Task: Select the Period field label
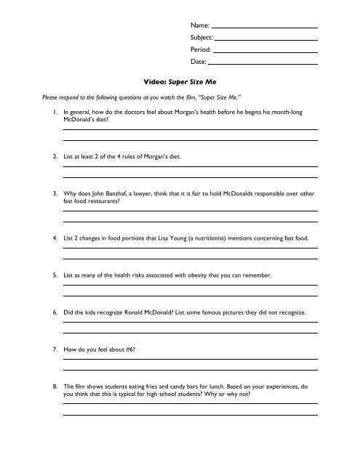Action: pos(201,50)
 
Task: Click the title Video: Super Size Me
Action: pos(180,83)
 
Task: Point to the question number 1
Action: pos(55,113)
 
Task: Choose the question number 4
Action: pos(55,238)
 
